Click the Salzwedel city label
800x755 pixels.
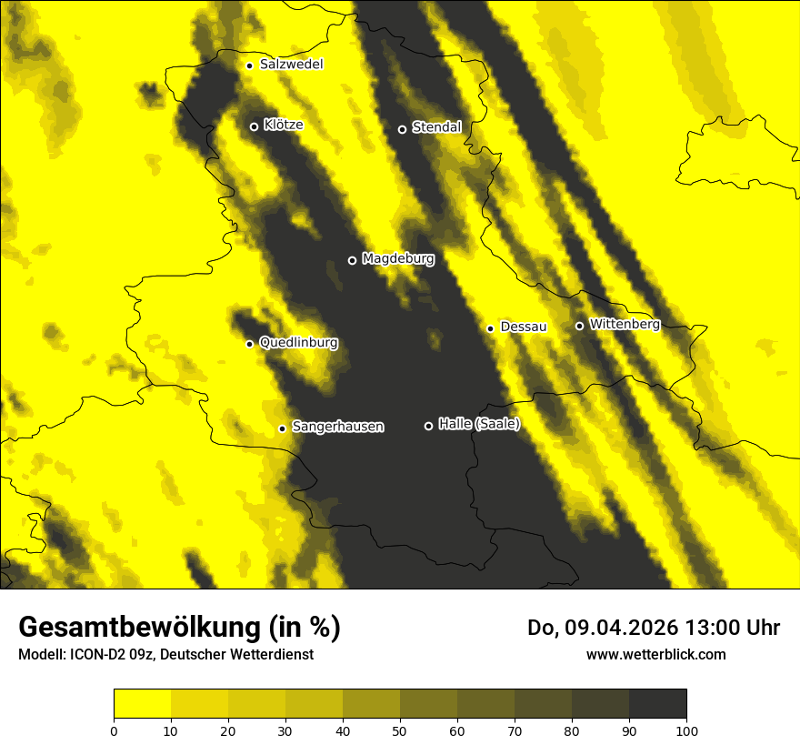click(291, 65)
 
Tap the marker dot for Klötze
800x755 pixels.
click(255, 126)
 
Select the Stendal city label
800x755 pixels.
click(436, 127)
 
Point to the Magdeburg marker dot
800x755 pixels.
click(353, 261)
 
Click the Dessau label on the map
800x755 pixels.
click(524, 327)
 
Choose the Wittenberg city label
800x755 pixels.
click(625, 324)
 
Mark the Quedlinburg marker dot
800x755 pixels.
click(249, 344)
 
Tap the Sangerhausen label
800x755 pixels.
click(338, 427)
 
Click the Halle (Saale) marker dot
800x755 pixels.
click(429, 426)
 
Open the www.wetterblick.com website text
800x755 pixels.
click(656, 654)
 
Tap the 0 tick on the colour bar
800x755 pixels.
click(114, 730)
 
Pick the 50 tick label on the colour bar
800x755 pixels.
click(400, 730)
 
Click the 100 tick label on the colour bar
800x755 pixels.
click(686, 730)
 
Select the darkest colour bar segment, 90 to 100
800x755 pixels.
click(657, 704)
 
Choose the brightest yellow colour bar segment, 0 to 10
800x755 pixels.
click(143, 704)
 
